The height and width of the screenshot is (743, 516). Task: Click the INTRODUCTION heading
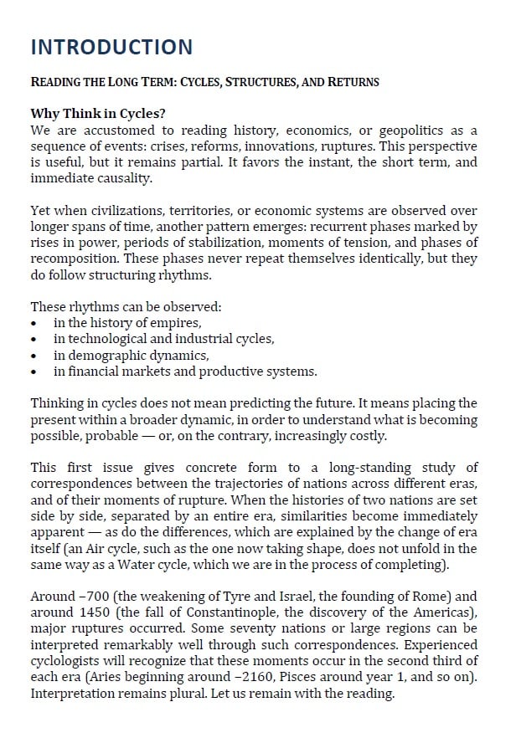point(111,47)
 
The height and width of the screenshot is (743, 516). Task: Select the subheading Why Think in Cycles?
point(91,114)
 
